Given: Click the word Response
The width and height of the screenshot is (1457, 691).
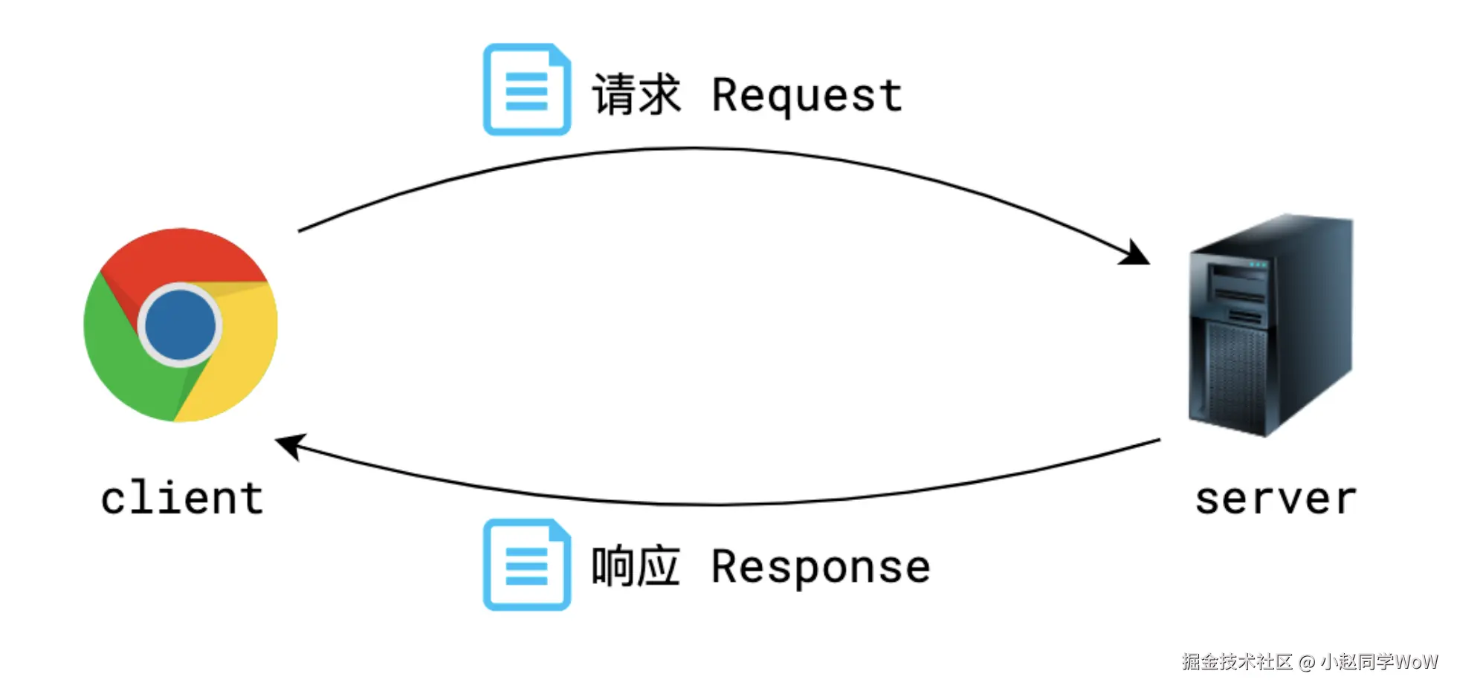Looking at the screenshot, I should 820,568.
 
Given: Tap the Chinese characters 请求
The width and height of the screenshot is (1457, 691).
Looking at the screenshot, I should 636,95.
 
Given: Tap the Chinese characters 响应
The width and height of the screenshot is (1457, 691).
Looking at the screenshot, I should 636,567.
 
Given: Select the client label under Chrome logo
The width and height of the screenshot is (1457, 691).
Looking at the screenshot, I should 182,498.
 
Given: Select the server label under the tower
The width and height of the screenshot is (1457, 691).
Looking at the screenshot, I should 1276,499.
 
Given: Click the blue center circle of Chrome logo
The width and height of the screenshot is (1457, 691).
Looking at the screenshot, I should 180,325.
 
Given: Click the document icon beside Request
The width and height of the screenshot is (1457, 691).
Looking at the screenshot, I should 526,90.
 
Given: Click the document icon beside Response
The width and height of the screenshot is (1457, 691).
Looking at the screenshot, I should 526,565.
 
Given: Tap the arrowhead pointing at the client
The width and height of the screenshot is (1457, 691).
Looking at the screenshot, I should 291,445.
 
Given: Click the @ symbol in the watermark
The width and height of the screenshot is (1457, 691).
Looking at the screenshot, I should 1306,662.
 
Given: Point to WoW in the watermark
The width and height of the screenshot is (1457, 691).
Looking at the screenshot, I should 1416,661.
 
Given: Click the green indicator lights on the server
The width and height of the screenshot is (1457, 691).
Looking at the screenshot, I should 1257,265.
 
